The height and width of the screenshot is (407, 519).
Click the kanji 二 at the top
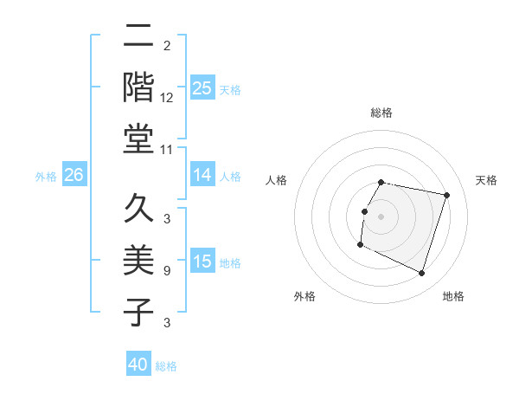coord(139,37)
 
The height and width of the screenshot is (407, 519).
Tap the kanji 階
coord(139,87)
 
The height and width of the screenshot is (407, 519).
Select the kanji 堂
coord(139,139)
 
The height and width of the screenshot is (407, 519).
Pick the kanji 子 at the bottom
coord(139,313)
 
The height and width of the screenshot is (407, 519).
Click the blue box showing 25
coord(202,87)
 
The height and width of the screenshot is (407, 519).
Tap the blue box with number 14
coord(202,175)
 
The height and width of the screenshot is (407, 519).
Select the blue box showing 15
coord(202,262)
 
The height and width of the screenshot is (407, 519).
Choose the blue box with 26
coord(74,175)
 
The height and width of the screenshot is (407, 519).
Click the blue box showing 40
coord(138,365)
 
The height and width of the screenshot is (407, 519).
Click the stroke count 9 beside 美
coord(167,271)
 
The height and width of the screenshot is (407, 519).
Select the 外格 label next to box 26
coord(46,177)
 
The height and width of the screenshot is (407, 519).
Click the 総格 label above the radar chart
coord(381,113)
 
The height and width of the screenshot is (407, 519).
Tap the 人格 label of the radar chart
coord(277,180)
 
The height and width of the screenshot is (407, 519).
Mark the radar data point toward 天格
coord(446,196)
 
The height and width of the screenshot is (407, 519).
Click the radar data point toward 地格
coord(421,274)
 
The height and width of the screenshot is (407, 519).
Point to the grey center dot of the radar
coord(381,216)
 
